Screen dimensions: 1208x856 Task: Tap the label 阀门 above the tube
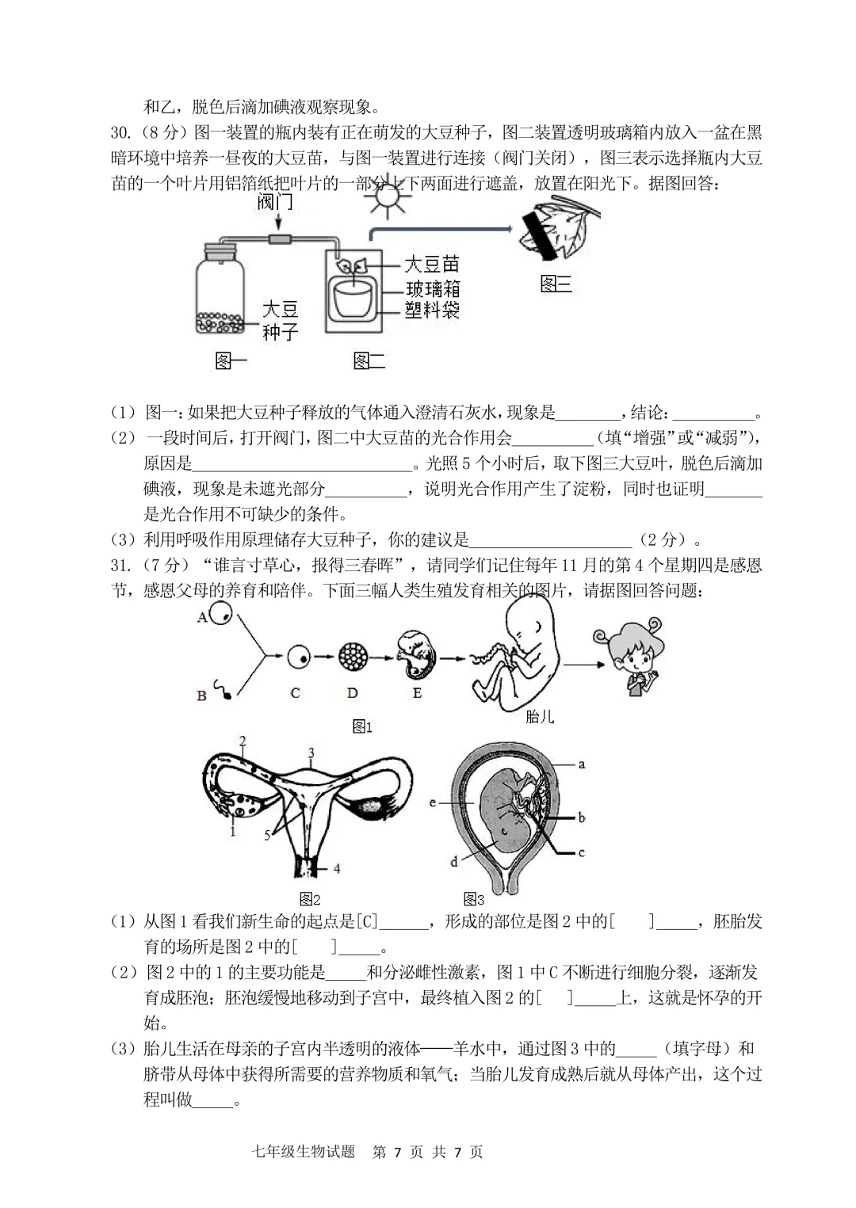275,202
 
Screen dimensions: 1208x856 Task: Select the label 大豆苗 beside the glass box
432,264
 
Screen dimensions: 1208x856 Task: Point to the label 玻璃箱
432,288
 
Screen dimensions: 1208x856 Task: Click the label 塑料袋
432,310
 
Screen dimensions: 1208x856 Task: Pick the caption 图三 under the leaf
556,284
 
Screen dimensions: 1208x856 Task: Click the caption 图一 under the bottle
231,361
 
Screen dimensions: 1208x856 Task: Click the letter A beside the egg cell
202,617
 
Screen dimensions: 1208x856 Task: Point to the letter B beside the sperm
201,695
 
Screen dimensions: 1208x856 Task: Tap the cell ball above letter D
353,656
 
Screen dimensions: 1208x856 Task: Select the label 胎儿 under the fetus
540,717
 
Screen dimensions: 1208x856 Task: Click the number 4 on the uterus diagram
337,869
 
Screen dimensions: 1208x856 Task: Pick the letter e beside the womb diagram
433,803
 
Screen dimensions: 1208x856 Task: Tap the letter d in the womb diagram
454,861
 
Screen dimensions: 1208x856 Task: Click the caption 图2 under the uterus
310,899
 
